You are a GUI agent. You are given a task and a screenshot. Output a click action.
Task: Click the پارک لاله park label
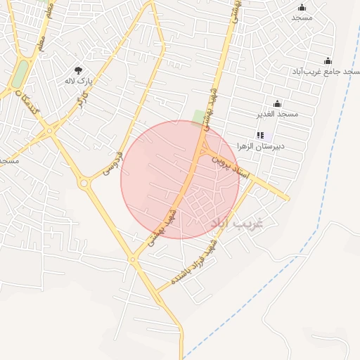click(78, 81)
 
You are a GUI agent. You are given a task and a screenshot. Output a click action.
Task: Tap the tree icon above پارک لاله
click(78, 70)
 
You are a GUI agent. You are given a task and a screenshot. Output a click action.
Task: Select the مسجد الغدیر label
click(278, 114)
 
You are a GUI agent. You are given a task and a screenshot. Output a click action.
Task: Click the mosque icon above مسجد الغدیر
click(277, 103)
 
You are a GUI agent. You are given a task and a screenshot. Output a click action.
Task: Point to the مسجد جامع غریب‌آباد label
click(326, 72)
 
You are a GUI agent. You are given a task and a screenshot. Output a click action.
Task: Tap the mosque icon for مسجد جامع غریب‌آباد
click(328, 61)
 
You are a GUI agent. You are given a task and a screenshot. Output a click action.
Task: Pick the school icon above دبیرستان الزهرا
click(260, 135)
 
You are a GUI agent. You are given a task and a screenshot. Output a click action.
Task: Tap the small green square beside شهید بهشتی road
click(200, 116)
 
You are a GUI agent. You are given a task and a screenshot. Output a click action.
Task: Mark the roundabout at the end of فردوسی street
click(85, 184)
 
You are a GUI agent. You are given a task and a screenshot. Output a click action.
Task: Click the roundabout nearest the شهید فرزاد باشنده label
click(132, 259)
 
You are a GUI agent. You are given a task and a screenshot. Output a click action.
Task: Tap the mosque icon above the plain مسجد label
click(302, 7)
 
